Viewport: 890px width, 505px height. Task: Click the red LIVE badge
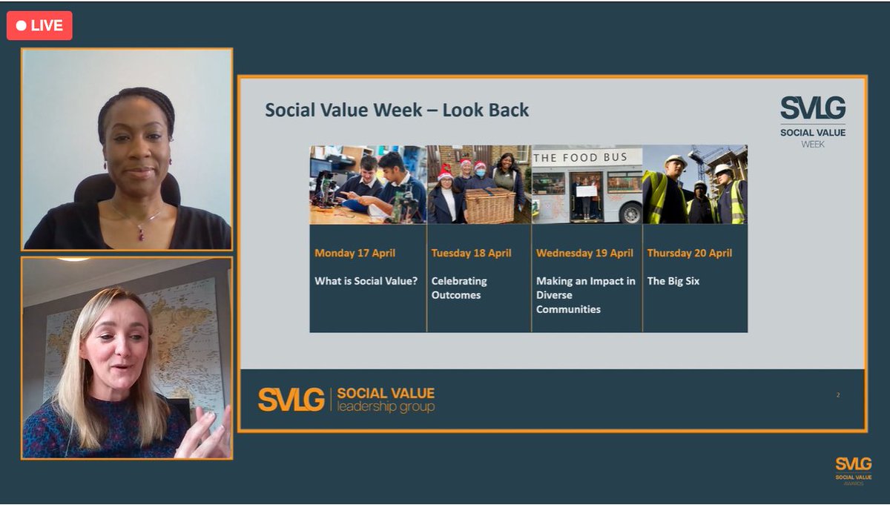40,26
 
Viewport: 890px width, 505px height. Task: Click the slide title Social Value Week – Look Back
397,110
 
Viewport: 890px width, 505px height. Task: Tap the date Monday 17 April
355,253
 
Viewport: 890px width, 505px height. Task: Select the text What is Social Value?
366,281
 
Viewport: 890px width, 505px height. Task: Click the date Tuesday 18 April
471,253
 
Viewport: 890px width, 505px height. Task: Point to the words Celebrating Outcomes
459,288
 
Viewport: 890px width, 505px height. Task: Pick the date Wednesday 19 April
584,253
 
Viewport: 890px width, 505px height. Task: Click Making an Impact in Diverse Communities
585,295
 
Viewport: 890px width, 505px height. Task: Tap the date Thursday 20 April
689,253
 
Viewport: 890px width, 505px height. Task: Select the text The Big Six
673,281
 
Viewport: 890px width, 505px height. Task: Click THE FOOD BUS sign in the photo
580,157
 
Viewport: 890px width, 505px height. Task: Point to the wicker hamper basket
489,205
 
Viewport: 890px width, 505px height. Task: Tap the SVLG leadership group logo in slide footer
346,399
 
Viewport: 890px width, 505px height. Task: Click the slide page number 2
838,395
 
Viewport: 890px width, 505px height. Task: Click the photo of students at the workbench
368,185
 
